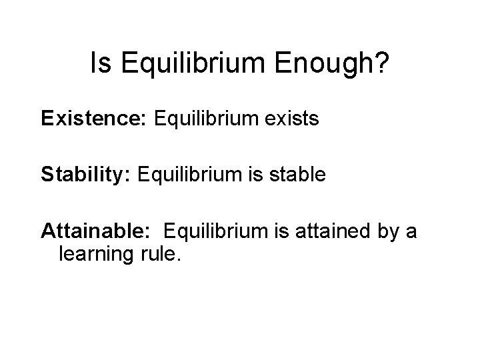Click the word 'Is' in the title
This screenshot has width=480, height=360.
(98, 64)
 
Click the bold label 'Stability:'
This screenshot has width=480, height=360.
(87, 175)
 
